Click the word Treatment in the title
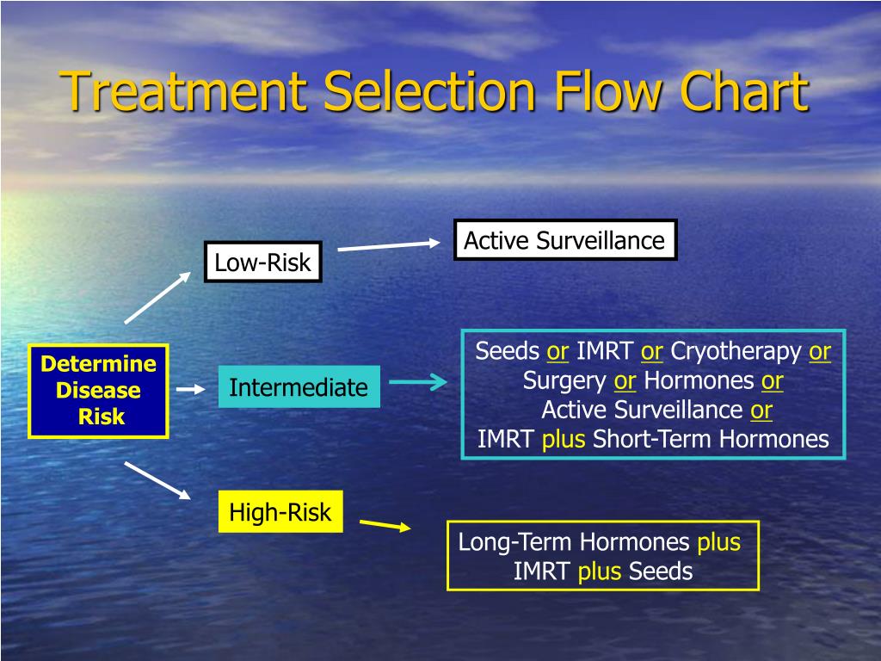[188, 91]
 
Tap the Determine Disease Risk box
[98, 391]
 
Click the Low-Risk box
[262, 263]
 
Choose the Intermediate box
[299, 387]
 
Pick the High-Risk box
[280, 512]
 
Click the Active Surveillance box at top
[564, 240]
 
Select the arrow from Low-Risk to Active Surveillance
[388, 246]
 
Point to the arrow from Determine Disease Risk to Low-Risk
[158, 297]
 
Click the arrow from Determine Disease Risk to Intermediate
[191, 389]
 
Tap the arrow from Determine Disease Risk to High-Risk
[157, 479]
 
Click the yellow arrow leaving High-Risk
[385, 524]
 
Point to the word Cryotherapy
[736, 352]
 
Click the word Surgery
[564, 380]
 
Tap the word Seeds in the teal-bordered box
[508, 351]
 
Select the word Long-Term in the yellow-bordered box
[515, 542]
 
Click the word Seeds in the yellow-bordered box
[661, 571]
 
